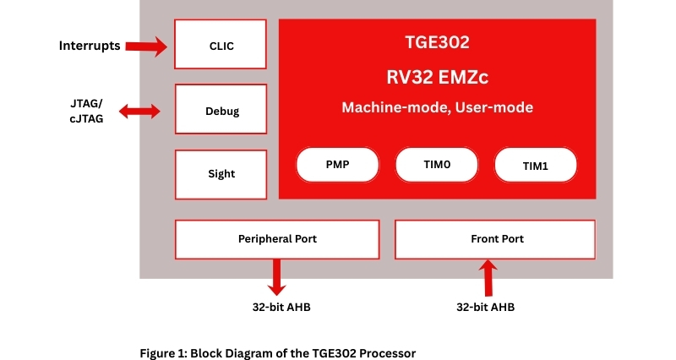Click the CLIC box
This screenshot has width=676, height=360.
click(221, 45)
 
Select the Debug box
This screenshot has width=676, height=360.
click(221, 110)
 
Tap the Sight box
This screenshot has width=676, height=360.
click(221, 174)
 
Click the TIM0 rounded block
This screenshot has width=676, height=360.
click(436, 165)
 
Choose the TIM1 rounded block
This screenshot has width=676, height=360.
click(536, 166)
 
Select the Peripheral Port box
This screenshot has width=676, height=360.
click(276, 239)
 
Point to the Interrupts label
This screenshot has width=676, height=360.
click(88, 45)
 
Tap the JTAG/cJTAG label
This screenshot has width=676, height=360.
click(87, 111)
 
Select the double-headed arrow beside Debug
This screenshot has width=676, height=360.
click(140, 111)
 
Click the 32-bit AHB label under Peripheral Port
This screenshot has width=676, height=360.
click(275, 307)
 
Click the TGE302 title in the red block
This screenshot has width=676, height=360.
click(436, 41)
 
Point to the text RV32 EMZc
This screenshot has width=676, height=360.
click(436, 77)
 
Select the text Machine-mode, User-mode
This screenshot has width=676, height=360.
click(436, 108)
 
